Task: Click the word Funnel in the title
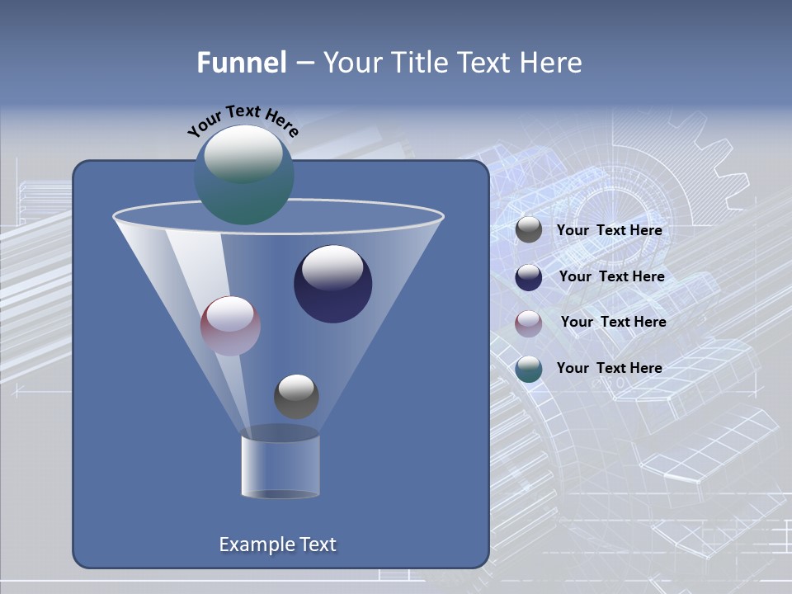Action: click(241, 63)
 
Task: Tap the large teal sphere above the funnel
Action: click(243, 176)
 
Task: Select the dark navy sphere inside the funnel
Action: click(332, 285)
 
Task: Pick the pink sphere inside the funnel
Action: click(230, 326)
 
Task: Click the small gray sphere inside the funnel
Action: click(296, 397)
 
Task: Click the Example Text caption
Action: click(277, 544)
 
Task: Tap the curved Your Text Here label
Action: click(243, 120)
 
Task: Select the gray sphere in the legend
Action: click(529, 230)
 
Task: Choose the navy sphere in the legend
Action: click(529, 277)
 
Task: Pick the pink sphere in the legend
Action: click(529, 323)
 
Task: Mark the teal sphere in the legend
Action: click(529, 369)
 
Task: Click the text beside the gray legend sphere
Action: click(609, 231)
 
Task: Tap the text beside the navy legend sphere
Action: click(611, 276)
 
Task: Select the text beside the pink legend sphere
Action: click(613, 322)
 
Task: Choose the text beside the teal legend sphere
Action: click(609, 368)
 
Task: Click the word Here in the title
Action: click(552, 63)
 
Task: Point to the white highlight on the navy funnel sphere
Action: click(332, 266)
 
